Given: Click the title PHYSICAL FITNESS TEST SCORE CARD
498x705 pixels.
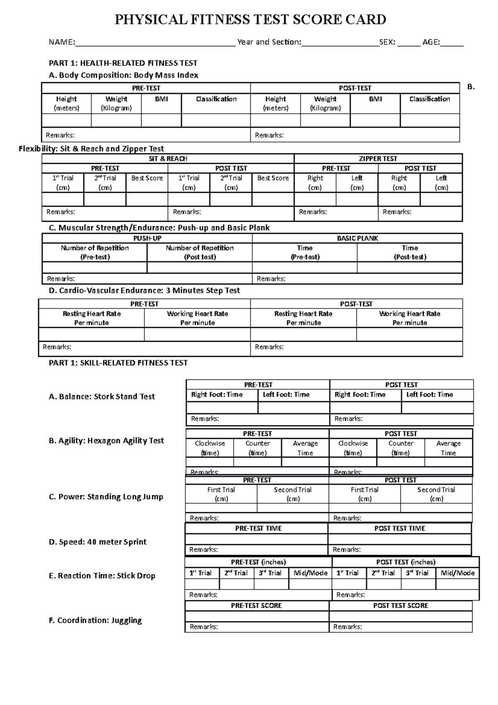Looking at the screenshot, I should click(x=250, y=20).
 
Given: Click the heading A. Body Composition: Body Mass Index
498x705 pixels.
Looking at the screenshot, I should click(x=123, y=75).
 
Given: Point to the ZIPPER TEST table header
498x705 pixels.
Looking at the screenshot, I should click(x=378, y=159).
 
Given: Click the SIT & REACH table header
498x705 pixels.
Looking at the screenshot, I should click(x=168, y=159).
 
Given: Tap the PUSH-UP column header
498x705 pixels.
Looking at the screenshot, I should click(x=147, y=238).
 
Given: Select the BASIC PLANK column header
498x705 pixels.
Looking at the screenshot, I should click(x=357, y=238).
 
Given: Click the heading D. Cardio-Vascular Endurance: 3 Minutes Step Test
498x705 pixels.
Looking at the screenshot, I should click(x=144, y=291).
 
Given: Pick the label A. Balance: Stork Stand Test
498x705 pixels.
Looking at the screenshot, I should click(x=102, y=397).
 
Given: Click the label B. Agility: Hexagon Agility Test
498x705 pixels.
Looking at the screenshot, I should click(x=106, y=441).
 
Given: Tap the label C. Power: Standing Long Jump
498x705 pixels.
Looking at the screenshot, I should click(x=106, y=497).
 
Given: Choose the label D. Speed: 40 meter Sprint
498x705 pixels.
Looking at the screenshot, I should click(x=98, y=542).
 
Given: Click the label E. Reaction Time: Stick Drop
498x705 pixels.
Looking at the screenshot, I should click(x=102, y=576).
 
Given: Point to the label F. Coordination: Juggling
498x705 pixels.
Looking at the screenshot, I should click(x=95, y=620).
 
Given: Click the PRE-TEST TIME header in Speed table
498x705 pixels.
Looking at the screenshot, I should click(x=258, y=529).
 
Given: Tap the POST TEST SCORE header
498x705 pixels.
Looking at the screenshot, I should click(x=400, y=606).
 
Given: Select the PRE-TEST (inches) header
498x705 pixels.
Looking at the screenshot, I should click(x=258, y=562).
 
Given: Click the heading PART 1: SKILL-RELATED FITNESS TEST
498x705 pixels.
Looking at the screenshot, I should click(x=118, y=363).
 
